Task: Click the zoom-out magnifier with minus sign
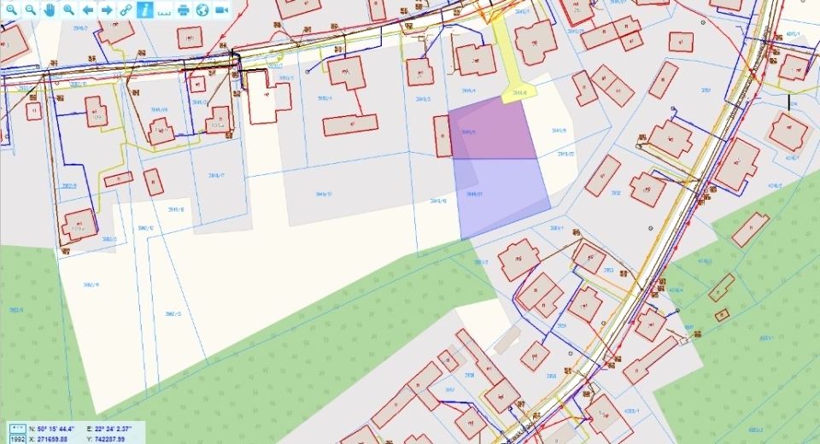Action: [x=30, y=9]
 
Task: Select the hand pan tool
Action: [x=50, y=9]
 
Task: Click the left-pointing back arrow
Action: [x=88, y=9]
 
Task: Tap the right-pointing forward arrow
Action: [x=107, y=9]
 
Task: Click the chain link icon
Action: [x=126, y=9]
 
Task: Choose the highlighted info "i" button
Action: [x=145, y=9]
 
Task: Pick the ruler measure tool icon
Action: [x=164, y=9]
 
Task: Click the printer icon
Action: [x=184, y=9]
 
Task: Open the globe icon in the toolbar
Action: [x=202, y=9]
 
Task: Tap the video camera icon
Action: [x=222, y=9]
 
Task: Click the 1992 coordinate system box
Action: [x=16, y=439]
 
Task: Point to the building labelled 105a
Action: [x=219, y=120]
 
